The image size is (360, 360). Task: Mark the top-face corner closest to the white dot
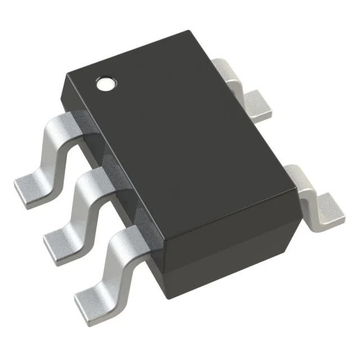coord(68,73)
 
